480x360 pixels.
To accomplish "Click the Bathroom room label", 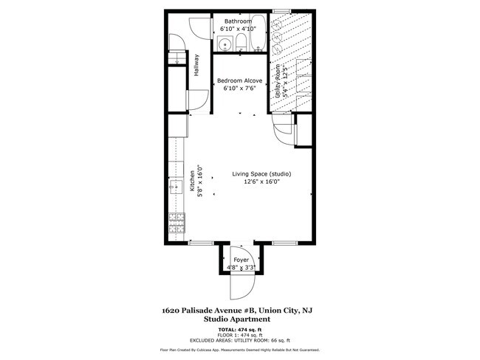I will [x=239, y=21].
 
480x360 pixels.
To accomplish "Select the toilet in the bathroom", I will [x=240, y=44].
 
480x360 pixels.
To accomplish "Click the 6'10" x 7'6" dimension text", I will [x=239, y=89].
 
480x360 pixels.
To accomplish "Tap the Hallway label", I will [x=196, y=65].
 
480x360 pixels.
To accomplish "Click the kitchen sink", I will [x=177, y=187].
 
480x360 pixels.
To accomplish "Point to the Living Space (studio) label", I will [x=261, y=174].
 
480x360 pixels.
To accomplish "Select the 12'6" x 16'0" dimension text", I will [x=261, y=181].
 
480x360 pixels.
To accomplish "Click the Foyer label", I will [x=241, y=260].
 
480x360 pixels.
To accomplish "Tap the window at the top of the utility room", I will [x=282, y=10].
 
